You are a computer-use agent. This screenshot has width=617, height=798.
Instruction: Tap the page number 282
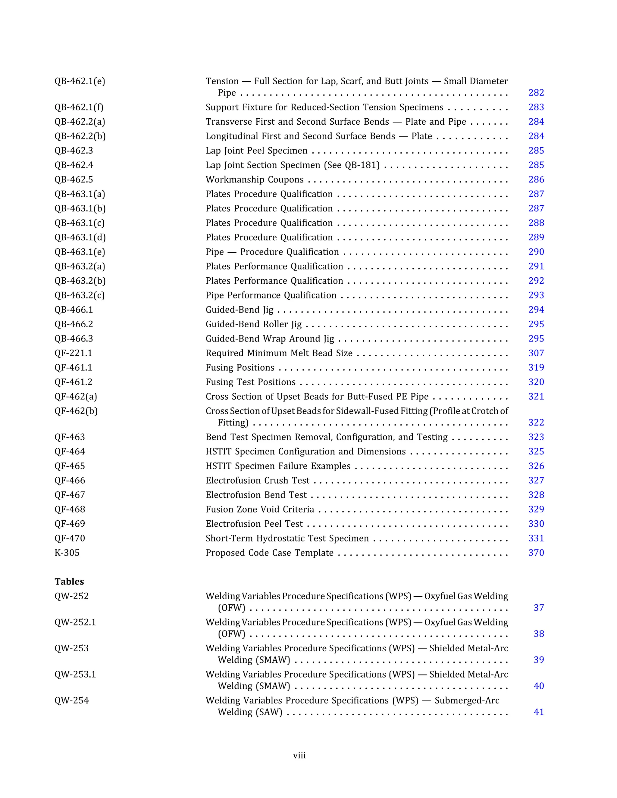(x=536, y=93)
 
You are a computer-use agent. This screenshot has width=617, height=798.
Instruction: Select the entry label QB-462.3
(x=74, y=151)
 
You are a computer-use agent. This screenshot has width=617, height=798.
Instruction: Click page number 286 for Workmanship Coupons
(x=536, y=179)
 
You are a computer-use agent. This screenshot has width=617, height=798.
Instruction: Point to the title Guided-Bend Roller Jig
(x=254, y=324)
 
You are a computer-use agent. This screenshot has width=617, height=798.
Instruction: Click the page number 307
(x=536, y=353)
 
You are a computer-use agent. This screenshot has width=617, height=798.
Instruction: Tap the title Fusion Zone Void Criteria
(x=260, y=509)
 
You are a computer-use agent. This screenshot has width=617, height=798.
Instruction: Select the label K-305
(x=67, y=553)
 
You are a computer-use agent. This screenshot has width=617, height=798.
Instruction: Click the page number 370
(x=536, y=553)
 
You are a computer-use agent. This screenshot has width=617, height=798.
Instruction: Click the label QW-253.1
(x=75, y=674)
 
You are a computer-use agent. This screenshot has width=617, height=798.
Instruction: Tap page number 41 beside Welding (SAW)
(x=538, y=712)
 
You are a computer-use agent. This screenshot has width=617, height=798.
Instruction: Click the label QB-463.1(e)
(x=80, y=252)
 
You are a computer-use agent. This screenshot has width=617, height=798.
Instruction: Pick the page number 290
(x=536, y=252)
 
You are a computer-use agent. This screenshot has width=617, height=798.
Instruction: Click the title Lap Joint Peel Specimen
(x=256, y=151)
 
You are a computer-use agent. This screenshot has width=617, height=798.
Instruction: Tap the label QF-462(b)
(x=76, y=411)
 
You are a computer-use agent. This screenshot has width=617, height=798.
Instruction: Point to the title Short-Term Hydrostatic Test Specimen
(x=287, y=538)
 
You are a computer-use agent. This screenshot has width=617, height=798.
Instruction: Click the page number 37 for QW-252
(x=538, y=608)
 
